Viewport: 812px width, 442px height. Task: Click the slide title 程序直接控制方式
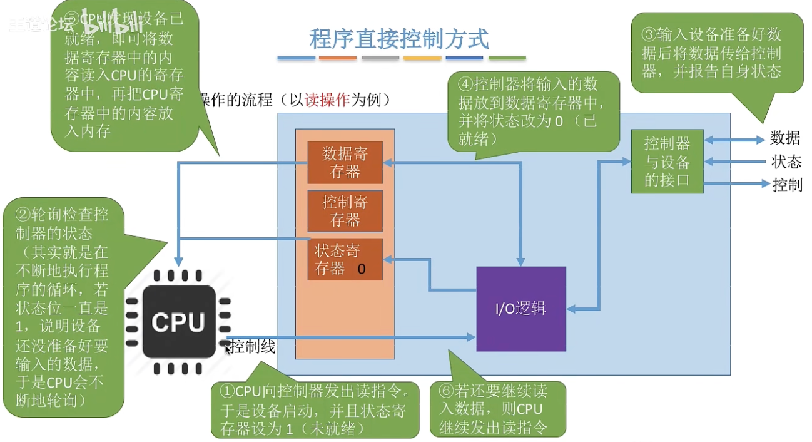point(399,39)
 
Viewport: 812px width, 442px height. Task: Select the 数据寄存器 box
point(345,162)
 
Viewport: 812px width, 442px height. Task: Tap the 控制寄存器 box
point(345,211)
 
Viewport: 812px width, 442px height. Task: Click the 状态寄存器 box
point(345,259)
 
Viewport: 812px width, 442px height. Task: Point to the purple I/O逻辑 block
point(521,309)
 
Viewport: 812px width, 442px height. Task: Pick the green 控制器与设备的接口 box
point(667,162)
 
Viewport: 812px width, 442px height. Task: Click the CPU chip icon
point(178,322)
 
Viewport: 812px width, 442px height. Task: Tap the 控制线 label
point(252,347)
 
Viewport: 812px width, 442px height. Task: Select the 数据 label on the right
point(784,138)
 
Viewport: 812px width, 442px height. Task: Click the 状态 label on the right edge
point(786,162)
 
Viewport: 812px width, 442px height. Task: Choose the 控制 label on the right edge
point(787,185)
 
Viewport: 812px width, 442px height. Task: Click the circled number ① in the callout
point(227,392)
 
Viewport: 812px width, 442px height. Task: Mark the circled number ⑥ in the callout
point(446,391)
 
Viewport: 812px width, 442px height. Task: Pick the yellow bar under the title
point(422,58)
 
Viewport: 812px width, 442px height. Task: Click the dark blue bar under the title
point(464,58)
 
